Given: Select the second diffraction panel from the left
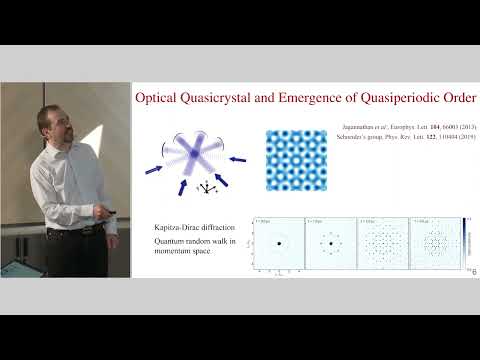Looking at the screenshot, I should tap(331, 243).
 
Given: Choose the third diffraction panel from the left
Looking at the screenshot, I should tap(383, 243).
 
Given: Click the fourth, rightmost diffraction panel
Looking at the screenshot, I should tap(436, 243).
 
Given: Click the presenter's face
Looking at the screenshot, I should tap(51, 125).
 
